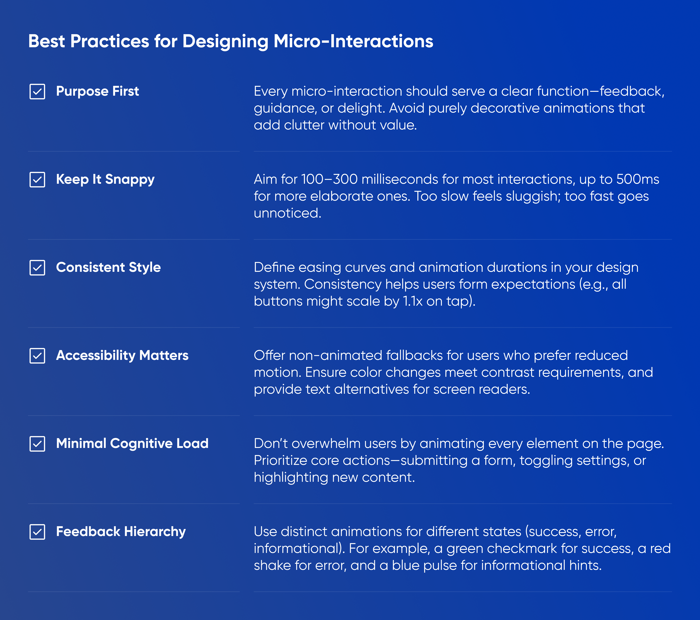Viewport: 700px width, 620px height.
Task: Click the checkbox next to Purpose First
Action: click(37, 91)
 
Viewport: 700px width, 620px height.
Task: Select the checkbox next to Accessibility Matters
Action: click(37, 356)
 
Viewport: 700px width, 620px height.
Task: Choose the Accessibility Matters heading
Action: click(122, 355)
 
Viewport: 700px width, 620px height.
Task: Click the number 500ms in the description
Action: click(638, 179)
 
